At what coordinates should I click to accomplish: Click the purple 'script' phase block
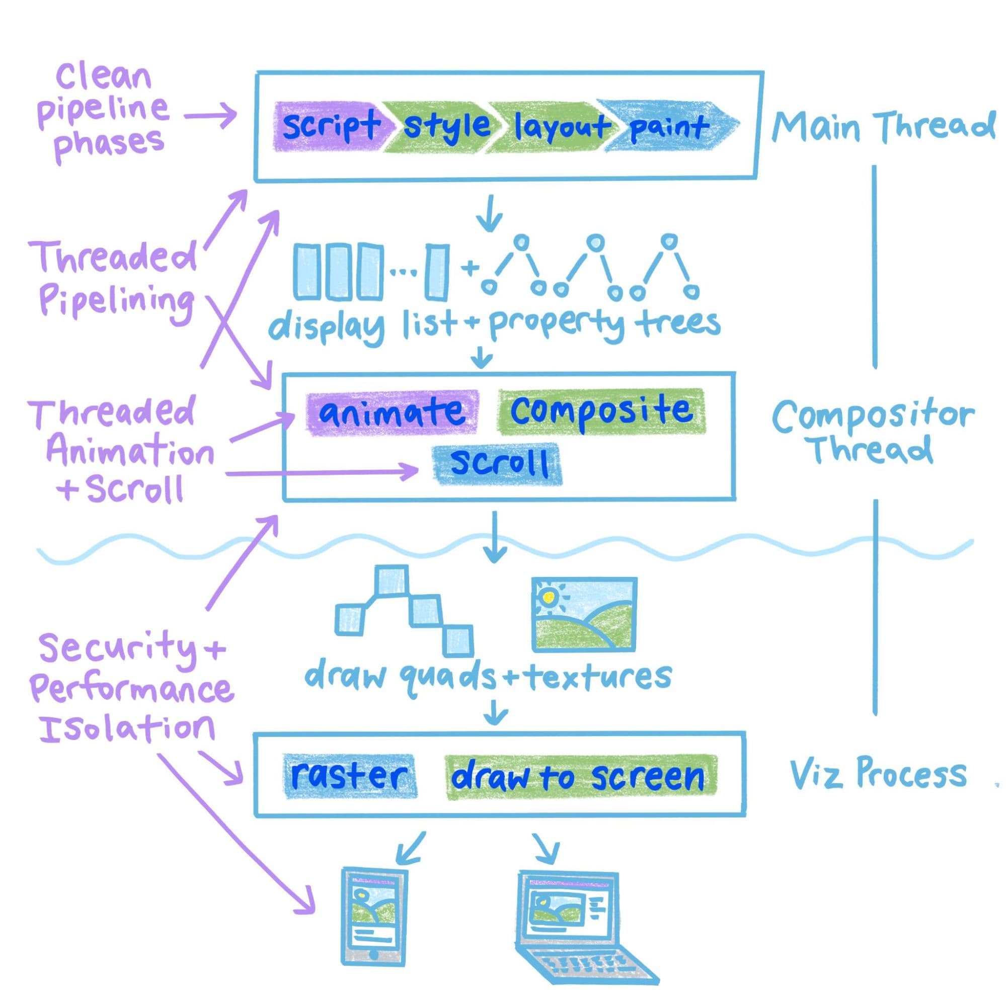click(x=329, y=126)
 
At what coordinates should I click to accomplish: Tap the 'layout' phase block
click(x=560, y=126)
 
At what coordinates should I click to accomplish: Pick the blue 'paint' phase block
click(x=669, y=126)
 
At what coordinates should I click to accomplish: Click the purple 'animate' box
click(x=392, y=412)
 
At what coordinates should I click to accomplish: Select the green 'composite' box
click(x=601, y=411)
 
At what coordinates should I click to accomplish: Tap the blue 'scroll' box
click(x=497, y=463)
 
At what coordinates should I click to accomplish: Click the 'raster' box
click(x=350, y=776)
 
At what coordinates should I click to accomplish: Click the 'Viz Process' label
click(x=877, y=774)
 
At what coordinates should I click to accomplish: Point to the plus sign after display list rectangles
click(x=470, y=269)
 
